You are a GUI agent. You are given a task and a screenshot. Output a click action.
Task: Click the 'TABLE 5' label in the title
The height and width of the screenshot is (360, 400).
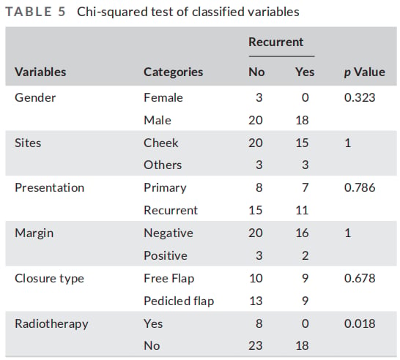(x=35, y=12)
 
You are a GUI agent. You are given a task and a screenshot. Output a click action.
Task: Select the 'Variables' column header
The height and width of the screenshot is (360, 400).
(x=40, y=72)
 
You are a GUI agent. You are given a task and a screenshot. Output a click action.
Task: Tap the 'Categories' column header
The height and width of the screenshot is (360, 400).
(x=173, y=72)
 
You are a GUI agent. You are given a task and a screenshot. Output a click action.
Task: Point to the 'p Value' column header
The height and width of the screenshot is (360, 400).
(x=365, y=72)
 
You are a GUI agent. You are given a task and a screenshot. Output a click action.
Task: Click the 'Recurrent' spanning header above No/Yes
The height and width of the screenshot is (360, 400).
(x=276, y=42)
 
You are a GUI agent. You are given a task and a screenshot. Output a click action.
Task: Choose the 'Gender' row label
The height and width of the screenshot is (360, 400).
(x=35, y=97)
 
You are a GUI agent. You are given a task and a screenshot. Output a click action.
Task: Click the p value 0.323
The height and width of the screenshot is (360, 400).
(x=360, y=97)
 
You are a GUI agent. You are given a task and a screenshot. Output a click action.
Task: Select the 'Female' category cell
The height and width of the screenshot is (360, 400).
(x=163, y=97)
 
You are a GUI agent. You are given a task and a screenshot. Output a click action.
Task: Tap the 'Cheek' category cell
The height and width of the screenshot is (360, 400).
(x=161, y=143)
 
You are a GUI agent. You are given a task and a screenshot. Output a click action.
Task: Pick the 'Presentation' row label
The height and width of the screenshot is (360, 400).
(x=50, y=188)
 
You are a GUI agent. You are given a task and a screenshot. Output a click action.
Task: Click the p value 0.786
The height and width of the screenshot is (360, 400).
(x=360, y=188)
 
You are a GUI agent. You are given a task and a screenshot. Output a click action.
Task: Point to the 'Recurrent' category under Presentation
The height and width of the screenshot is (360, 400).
(x=171, y=211)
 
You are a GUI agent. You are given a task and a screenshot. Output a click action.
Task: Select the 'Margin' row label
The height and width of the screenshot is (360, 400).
(x=34, y=233)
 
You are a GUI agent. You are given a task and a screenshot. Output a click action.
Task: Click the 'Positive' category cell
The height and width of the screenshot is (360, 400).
(x=166, y=255)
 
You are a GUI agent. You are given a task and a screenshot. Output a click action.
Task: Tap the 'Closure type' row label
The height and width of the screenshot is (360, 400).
(x=49, y=279)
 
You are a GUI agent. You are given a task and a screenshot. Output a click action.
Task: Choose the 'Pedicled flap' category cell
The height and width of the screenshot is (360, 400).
(x=179, y=301)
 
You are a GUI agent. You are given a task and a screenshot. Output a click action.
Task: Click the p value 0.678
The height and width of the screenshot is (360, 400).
(x=360, y=278)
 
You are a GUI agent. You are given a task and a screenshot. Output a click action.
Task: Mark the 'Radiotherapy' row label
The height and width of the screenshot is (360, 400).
(x=51, y=324)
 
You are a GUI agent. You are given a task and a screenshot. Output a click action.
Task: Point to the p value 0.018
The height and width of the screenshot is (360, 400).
(x=360, y=323)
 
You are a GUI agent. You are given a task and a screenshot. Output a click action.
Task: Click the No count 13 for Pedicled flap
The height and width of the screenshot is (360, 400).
(x=256, y=301)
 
